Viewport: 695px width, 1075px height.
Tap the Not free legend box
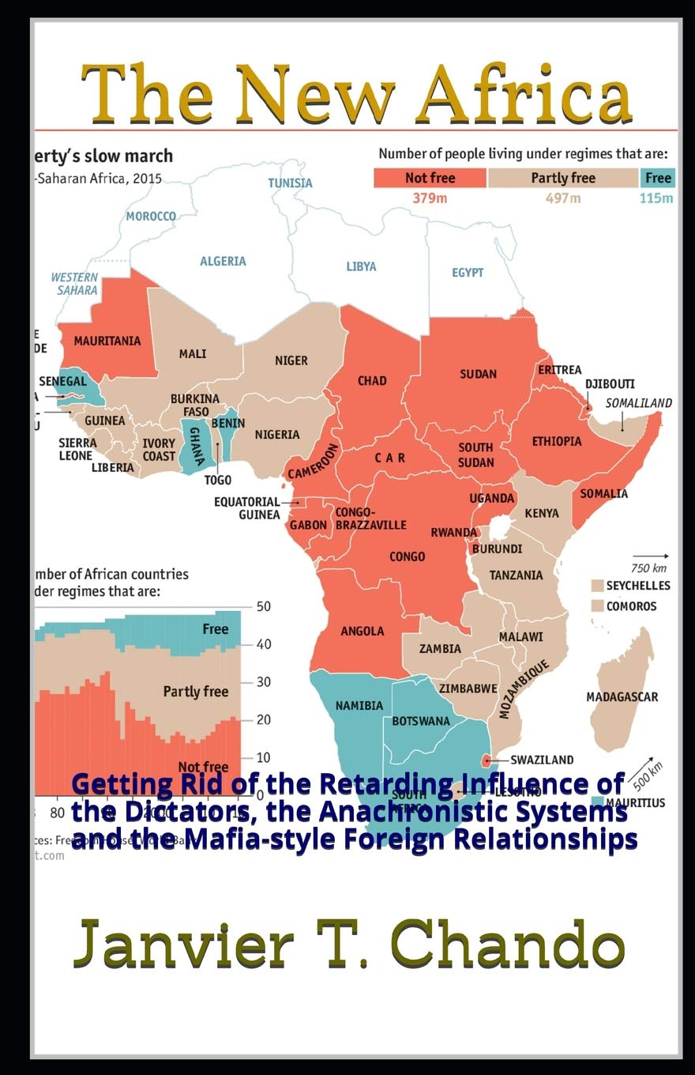430,178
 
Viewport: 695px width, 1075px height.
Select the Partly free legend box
562,178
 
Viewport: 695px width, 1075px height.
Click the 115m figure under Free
657,198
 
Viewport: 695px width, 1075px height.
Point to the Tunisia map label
290,183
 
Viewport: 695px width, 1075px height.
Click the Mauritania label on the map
107,341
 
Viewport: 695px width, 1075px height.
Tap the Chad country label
372,381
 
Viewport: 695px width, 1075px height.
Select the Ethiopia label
557,441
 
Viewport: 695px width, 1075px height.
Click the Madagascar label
622,697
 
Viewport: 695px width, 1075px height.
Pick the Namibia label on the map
359,705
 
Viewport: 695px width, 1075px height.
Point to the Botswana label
421,721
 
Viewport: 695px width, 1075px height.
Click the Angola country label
363,631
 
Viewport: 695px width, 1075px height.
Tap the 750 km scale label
649,568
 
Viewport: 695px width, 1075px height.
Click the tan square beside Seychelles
598,587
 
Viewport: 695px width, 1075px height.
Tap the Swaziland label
542,760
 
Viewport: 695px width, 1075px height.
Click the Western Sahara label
76,284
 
